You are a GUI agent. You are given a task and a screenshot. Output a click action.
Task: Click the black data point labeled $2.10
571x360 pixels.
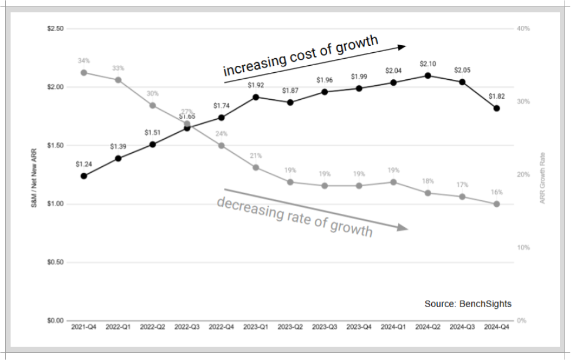[428, 75]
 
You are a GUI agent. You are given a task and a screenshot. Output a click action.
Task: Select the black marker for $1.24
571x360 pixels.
[83, 176]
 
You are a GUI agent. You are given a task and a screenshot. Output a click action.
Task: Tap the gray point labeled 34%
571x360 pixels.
[83, 73]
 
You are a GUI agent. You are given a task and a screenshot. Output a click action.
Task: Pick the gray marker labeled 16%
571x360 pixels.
[496, 204]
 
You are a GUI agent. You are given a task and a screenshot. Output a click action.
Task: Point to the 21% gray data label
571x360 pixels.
[256, 156]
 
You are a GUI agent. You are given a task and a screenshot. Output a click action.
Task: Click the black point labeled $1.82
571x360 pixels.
[496, 108]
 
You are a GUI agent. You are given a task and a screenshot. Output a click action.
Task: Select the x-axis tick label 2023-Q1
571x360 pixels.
[256, 326]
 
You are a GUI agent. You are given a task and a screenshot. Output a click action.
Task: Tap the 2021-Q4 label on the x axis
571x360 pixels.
[83, 326]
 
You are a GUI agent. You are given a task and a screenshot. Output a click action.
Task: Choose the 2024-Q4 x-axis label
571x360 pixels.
[496, 326]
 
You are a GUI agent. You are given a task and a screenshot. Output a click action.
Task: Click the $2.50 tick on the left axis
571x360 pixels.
[55, 29]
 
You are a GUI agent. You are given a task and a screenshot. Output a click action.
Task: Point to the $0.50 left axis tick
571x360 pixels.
[55, 263]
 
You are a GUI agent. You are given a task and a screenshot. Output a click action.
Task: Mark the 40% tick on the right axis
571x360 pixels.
[523, 29]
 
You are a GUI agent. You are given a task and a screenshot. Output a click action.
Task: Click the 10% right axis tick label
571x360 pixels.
[523, 248]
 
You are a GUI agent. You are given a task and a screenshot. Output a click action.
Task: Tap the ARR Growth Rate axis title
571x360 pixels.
[543, 174]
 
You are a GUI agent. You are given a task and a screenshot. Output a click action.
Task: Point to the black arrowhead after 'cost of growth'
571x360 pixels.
[402, 46]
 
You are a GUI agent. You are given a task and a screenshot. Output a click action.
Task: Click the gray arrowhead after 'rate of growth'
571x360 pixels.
[402, 227]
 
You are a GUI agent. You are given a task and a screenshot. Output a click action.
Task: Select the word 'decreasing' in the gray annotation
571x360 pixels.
[242, 207]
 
